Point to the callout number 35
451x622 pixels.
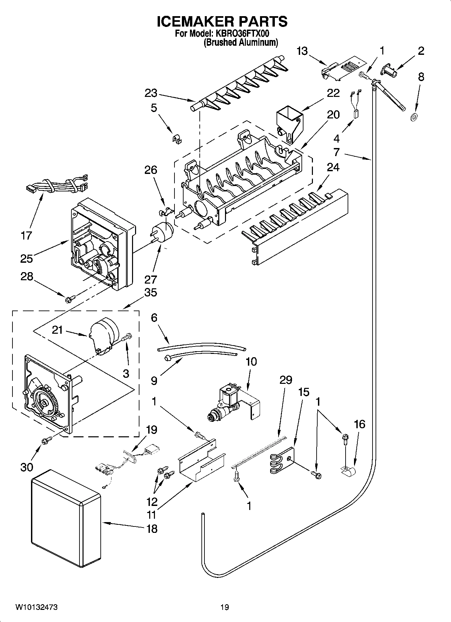pos(151,292)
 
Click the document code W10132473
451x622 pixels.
pos(36,607)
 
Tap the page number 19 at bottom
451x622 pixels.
pos(225,607)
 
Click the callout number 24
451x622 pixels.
pos(333,168)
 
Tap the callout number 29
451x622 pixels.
pos(286,380)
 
